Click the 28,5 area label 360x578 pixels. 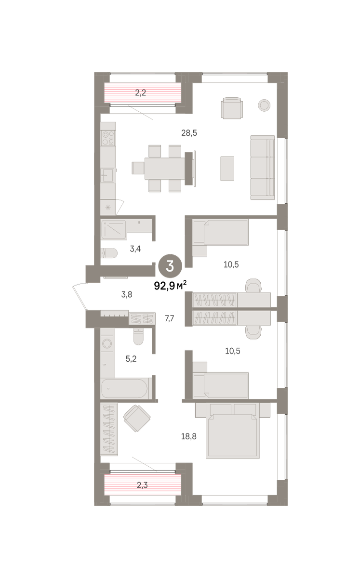189,133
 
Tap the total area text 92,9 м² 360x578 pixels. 171,285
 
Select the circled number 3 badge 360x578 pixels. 170,266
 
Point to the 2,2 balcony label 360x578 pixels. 141,92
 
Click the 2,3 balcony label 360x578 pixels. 142,485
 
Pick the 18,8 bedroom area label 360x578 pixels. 189,436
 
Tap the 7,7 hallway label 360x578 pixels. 170,319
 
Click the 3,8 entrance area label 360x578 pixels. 127,294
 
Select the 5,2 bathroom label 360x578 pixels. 131,359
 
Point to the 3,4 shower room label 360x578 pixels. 135,249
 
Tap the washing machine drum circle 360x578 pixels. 107,343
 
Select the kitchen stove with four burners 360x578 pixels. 108,138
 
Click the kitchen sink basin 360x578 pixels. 107,175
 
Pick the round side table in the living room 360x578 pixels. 264,105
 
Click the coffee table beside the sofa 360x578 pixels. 227,169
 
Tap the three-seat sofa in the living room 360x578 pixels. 262,168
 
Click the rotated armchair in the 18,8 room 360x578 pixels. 137,418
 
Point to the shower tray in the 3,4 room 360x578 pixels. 114,229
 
